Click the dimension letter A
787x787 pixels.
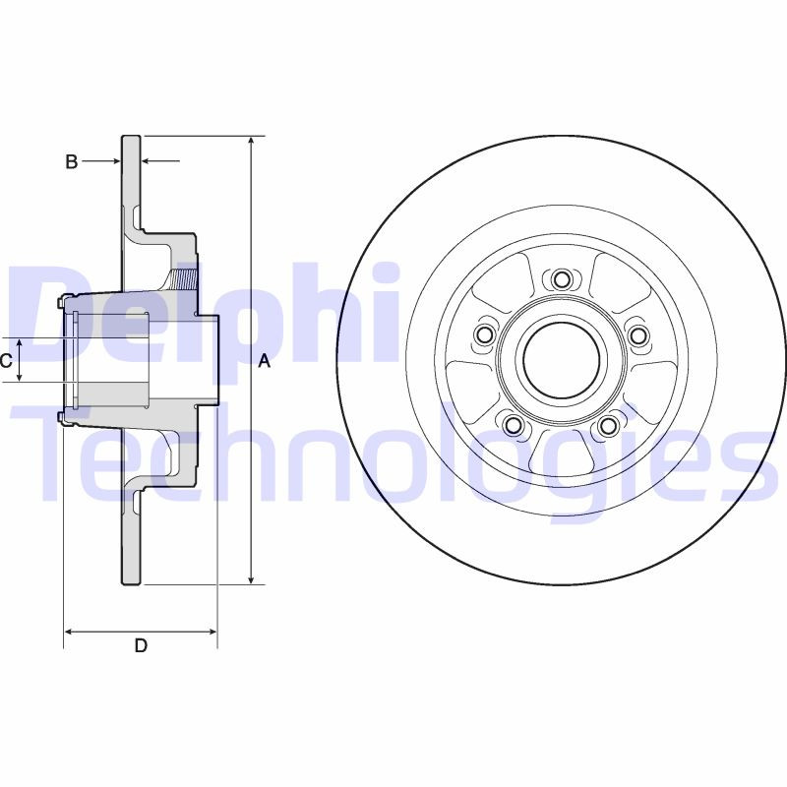[x=264, y=361]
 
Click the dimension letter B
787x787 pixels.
[x=71, y=162]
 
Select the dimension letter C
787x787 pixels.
[x=6, y=361]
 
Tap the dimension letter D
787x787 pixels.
[x=141, y=645]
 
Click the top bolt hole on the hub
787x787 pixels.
[x=562, y=279]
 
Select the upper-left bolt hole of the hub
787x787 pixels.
[x=483, y=336]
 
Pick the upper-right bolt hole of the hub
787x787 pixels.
[x=638, y=336]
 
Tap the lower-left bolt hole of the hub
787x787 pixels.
[x=513, y=425]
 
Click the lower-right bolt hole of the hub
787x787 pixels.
[x=609, y=425]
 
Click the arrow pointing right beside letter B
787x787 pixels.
[x=114, y=160]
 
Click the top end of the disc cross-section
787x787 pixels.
[x=132, y=139]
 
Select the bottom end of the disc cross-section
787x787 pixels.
[x=132, y=581]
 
